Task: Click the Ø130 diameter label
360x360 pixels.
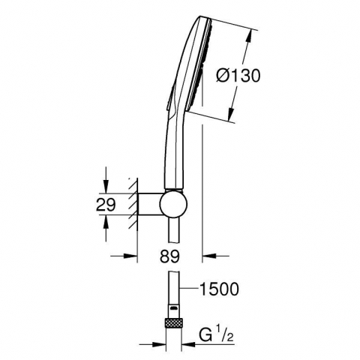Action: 238,76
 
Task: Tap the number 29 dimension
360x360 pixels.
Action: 106,205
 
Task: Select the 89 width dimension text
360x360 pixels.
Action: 170,256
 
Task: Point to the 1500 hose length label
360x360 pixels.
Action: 220,289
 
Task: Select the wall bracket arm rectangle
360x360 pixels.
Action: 150,204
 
